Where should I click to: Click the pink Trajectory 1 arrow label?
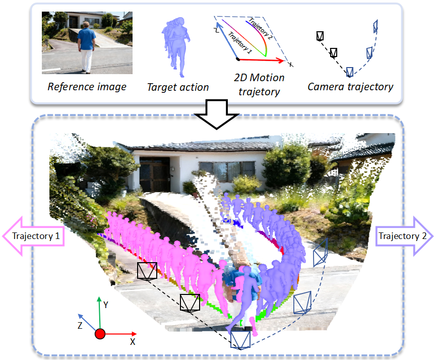pyautogui.click(x=34, y=236)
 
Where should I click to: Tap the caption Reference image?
pyautogui.click(x=87, y=87)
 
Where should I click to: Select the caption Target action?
pyautogui.click(x=178, y=87)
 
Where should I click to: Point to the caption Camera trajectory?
pyautogui.click(x=350, y=87)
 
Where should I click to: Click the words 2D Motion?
pyautogui.click(x=259, y=78)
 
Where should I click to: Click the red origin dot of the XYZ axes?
pyautogui.click(x=100, y=334)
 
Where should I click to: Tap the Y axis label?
pyautogui.click(x=106, y=305)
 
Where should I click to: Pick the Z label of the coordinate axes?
pyautogui.click(x=80, y=326)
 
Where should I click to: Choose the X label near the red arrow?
pyautogui.click(x=133, y=342)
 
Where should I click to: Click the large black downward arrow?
pyautogui.click(x=217, y=114)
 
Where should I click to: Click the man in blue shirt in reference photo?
pyautogui.click(x=87, y=47)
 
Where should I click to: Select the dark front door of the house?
pyautogui.click(x=155, y=174)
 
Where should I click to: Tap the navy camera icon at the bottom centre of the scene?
pyautogui.click(x=240, y=340)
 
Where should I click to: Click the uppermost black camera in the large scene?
pyautogui.click(x=147, y=271)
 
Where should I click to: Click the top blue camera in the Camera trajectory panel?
pyautogui.click(x=376, y=27)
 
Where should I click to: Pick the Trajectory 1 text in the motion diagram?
pyautogui.click(x=240, y=42)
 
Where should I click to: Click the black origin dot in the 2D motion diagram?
pyautogui.click(x=238, y=59)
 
